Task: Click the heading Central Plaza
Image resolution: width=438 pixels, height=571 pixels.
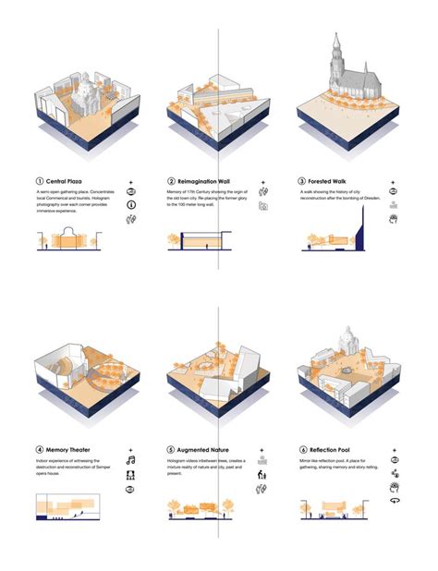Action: pos(70,181)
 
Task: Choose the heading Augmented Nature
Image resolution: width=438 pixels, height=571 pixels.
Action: pos(205,450)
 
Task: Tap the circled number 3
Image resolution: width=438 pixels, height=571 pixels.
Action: pos(303,181)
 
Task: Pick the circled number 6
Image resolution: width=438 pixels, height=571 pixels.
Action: pos(303,450)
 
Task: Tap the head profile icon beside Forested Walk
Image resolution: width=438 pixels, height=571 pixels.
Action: pos(395,219)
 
